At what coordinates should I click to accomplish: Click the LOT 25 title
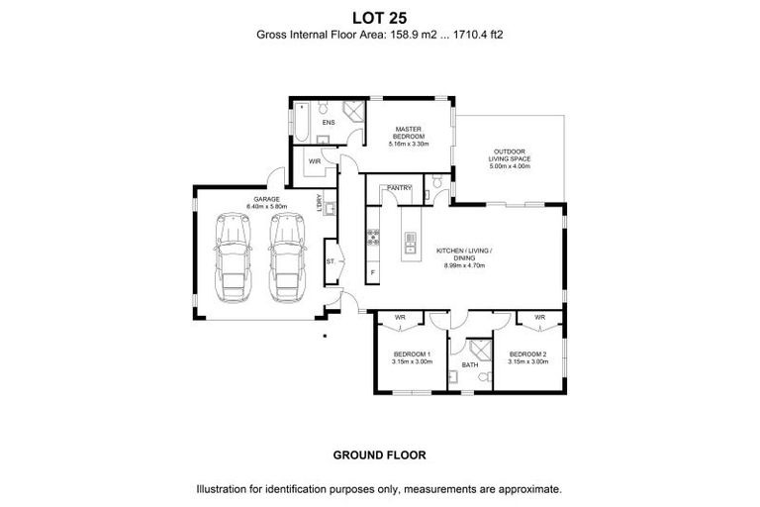[x=379, y=17]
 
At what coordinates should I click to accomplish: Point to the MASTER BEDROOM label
[x=409, y=133]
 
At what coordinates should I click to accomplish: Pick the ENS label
[x=329, y=123]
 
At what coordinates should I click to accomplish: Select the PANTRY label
[x=399, y=187]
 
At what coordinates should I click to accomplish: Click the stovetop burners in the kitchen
[x=374, y=236]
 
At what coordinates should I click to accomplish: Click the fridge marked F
[x=373, y=271]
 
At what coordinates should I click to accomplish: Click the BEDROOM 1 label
[x=410, y=354]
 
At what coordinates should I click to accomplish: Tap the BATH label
[x=469, y=365]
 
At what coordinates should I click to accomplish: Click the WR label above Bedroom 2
[x=539, y=317]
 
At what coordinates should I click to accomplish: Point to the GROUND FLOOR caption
[x=379, y=456]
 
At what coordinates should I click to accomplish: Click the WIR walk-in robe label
[x=314, y=160]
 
